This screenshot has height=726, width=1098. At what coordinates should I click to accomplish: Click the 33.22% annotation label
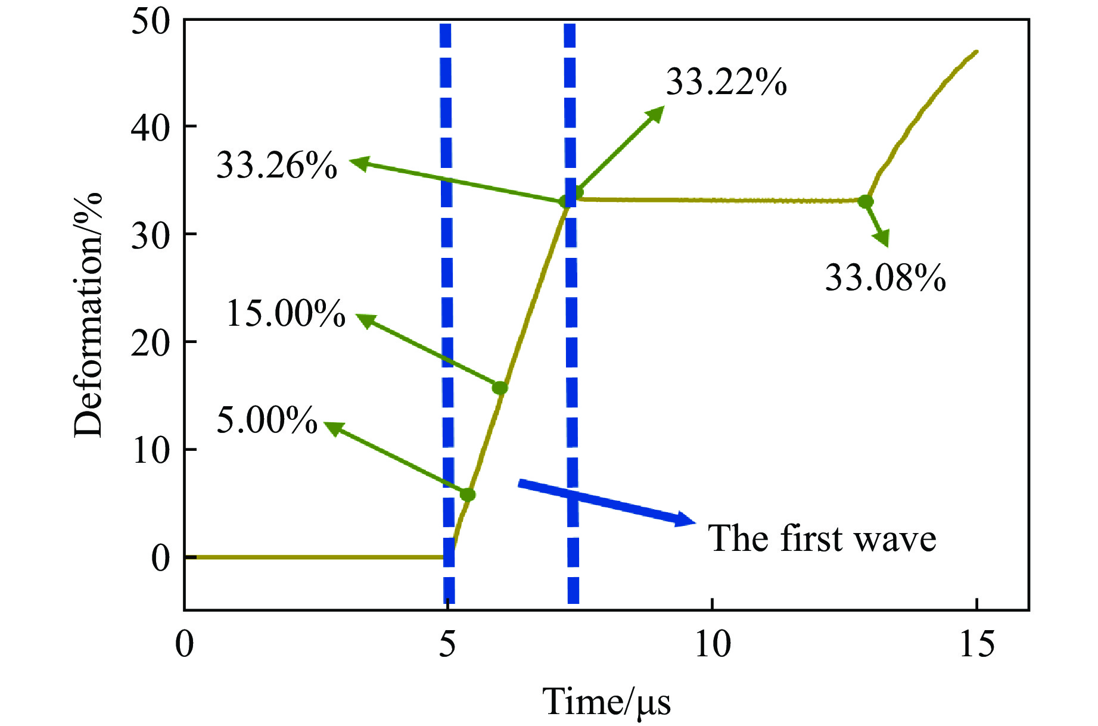[726, 82]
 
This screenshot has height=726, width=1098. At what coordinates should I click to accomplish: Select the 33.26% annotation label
[276, 165]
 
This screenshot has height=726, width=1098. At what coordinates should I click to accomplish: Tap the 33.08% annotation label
[885, 278]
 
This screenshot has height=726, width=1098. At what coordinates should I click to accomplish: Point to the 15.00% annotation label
[286, 313]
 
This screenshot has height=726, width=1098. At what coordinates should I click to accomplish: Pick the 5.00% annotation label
[267, 420]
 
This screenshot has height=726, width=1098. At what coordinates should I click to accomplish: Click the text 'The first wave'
[822, 538]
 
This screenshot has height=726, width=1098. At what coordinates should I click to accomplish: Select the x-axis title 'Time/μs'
[606, 702]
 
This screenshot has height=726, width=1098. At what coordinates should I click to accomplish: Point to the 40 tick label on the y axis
[150, 128]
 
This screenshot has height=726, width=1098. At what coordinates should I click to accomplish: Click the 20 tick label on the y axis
[150, 343]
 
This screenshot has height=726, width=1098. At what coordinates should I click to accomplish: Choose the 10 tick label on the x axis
[713, 644]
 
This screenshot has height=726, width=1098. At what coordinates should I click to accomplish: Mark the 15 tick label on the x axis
[976, 644]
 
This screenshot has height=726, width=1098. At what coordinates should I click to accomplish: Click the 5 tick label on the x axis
[448, 644]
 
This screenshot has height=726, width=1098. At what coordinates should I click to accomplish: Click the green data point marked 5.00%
[468, 494]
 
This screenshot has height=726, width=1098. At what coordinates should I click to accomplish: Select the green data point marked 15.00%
[500, 388]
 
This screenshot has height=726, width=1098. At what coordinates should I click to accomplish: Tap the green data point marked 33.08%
[866, 201]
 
